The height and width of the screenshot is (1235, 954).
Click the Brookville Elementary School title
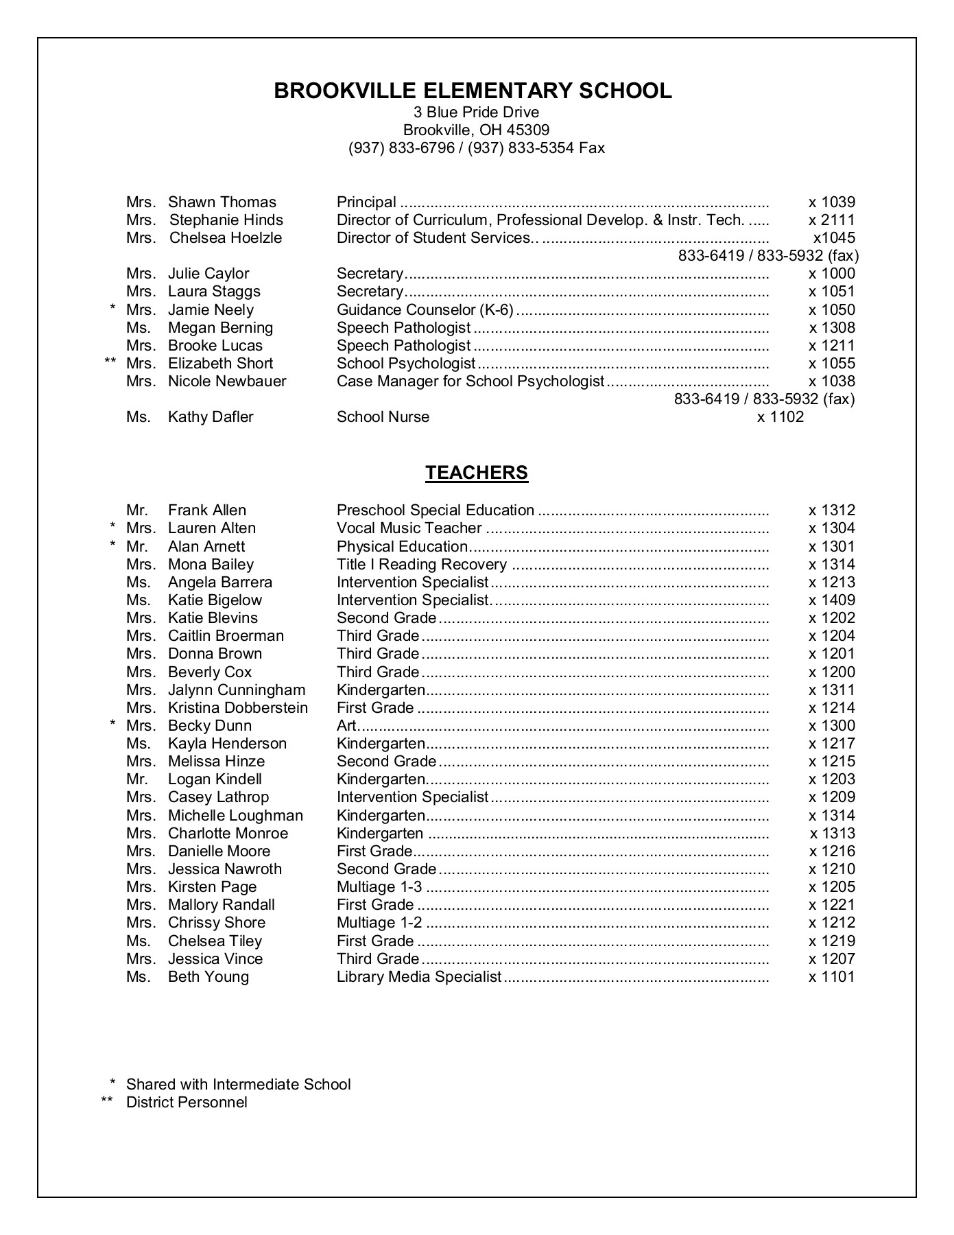point(473,91)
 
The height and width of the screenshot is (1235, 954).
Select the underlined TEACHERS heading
point(477,473)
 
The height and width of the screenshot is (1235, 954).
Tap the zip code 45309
point(527,130)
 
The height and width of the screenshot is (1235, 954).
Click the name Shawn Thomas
point(222,202)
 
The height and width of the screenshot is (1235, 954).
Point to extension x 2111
point(831,220)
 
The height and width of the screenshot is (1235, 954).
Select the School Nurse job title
point(383,417)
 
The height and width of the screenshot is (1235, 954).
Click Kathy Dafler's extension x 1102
point(780,417)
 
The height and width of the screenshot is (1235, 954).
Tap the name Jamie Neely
point(211,310)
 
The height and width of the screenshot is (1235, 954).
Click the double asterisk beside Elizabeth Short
point(110,362)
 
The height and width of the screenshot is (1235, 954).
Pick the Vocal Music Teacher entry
point(409,528)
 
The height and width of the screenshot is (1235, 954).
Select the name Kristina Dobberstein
point(237,708)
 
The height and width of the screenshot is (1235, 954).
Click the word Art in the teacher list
point(346,726)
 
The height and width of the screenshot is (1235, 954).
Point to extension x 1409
point(831,600)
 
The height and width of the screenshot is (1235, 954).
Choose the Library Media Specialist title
point(419,977)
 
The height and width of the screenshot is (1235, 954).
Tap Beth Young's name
point(208,977)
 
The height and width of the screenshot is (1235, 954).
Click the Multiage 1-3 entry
point(379,887)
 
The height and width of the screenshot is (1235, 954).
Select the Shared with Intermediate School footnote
point(238,1085)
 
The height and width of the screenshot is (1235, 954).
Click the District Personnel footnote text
point(187,1103)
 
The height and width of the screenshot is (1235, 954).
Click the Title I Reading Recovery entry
point(421,565)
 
